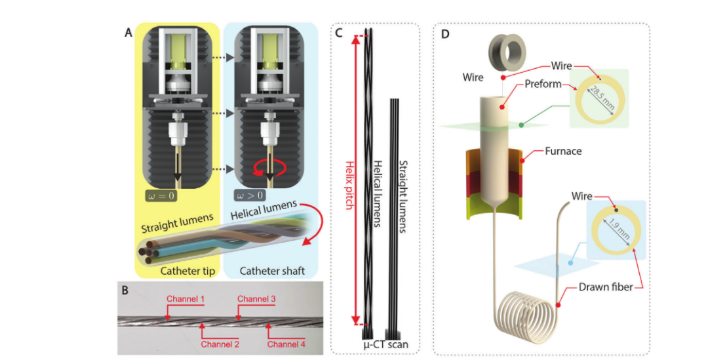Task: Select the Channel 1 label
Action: [x=186, y=299]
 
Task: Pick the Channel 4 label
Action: [x=286, y=343]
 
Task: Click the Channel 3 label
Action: [x=257, y=299]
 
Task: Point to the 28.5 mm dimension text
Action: [x=599, y=98]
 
